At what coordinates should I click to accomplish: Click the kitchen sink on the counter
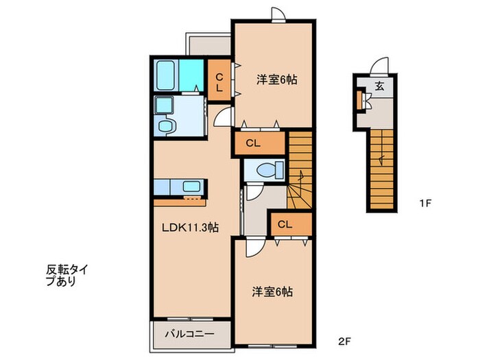pyautogui.click(x=191, y=187)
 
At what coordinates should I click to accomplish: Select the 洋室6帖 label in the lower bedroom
pyautogui.click(x=272, y=291)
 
